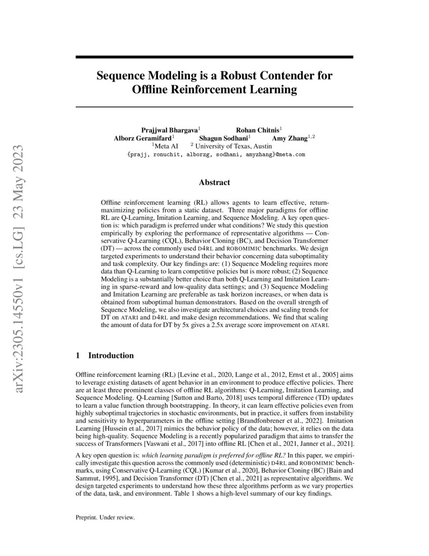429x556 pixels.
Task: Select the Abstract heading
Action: pos(214,182)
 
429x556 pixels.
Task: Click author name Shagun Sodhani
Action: pos(224,137)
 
